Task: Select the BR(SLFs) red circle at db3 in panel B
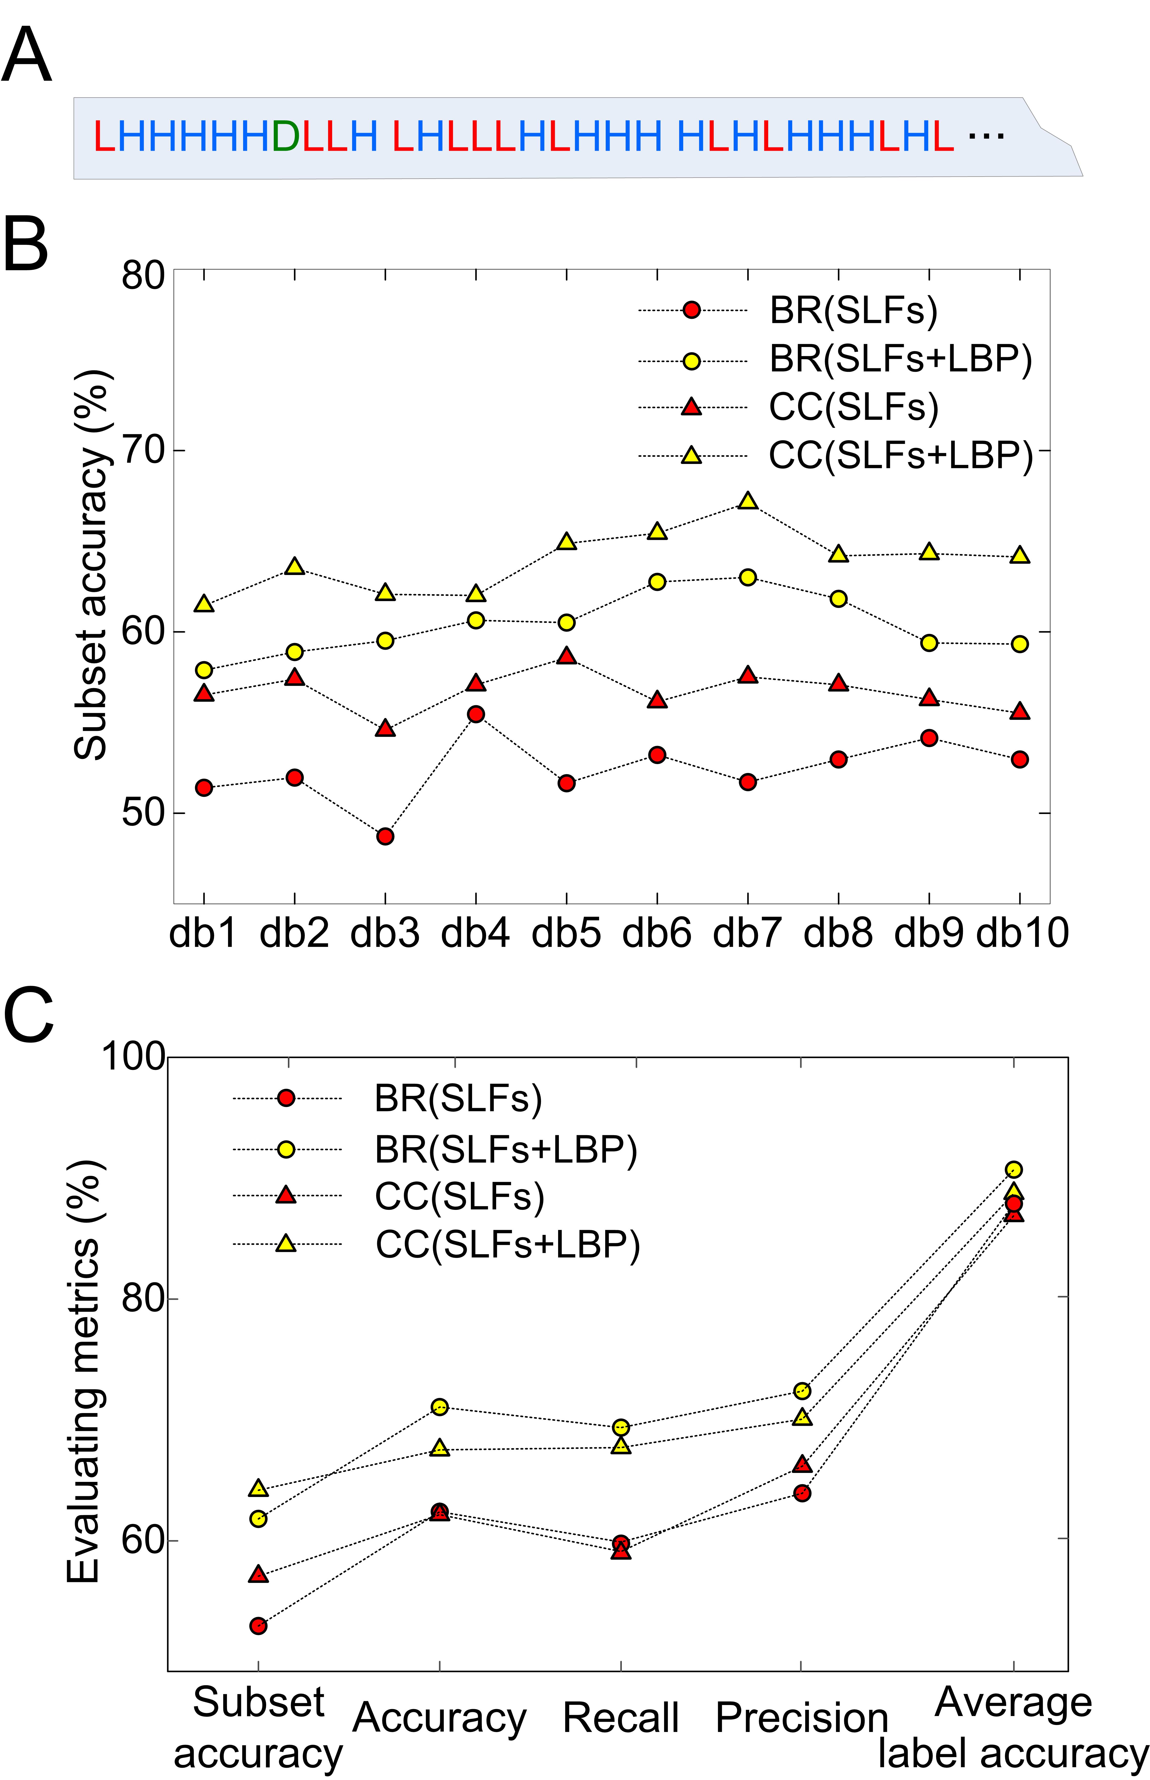tap(385, 836)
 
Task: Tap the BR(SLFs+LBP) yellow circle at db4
tap(476, 621)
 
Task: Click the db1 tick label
tap(203, 933)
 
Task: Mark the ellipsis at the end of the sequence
tap(986, 136)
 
